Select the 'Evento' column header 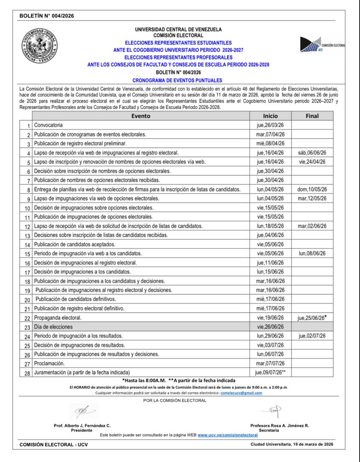tap(141, 116)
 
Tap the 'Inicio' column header tap(270, 116)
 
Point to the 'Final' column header tap(312, 116)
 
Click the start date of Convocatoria tap(270, 125)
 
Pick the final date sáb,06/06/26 tap(312, 153)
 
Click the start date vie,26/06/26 tap(270, 326)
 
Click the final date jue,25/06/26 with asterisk tap(312, 317)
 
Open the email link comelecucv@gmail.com tap(241, 393)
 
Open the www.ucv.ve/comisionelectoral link tap(227, 435)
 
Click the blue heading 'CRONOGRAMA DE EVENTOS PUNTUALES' tap(177, 80)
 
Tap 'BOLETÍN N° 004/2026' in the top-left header tap(47, 16)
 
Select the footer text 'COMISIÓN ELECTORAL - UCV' tap(54, 445)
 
